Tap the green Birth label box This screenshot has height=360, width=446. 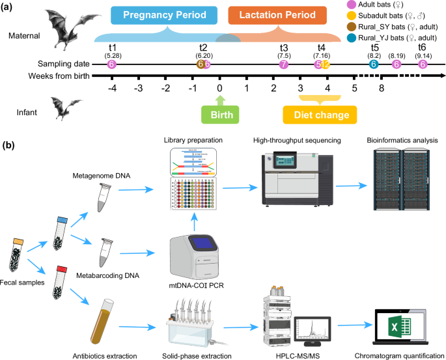(220, 115)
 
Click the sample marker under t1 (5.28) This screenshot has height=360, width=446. (112, 64)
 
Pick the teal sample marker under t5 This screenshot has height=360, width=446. (374, 64)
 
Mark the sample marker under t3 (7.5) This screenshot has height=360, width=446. (283, 64)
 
